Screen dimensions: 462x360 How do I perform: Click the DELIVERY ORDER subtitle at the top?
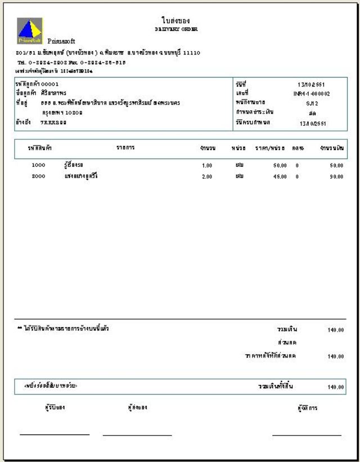175,29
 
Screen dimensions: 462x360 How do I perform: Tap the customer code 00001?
46,84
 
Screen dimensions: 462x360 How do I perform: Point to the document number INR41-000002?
311,94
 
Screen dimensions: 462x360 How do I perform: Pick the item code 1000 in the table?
38,166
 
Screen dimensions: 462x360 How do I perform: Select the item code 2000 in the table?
38,176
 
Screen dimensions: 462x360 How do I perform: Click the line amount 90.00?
336,177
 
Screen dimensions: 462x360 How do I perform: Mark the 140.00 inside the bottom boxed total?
335,387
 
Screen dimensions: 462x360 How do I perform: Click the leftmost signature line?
55,434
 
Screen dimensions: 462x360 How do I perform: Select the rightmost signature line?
307,434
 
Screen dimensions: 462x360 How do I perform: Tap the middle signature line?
137,434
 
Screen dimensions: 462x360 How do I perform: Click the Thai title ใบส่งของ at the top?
175,20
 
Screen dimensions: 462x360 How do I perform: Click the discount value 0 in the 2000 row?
297,177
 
